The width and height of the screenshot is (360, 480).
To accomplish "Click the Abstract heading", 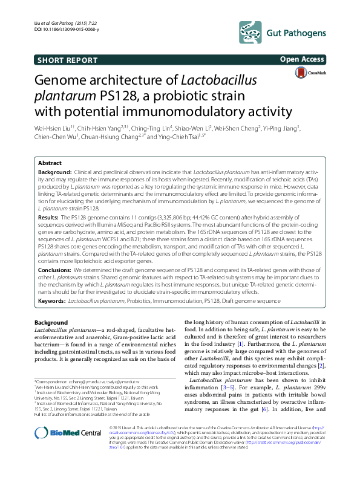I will (x=49, y=163).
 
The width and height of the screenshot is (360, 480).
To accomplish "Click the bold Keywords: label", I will (x=51, y=300).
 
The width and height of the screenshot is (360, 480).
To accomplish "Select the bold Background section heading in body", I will (x=51, y=322).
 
